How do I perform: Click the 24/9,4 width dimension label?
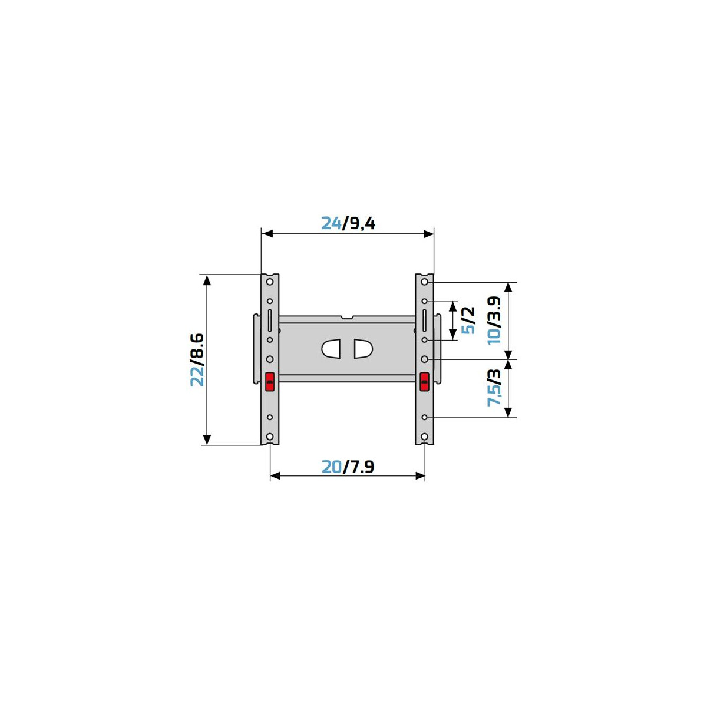348,223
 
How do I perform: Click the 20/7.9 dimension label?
348,467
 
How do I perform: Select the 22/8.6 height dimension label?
197,359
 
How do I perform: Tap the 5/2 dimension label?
468,321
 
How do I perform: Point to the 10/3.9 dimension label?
494,321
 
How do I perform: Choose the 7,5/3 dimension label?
494,388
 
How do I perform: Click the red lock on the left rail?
270,382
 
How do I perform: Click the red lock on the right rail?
424,382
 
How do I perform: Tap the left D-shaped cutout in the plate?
331,349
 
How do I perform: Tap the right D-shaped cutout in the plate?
364,349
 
